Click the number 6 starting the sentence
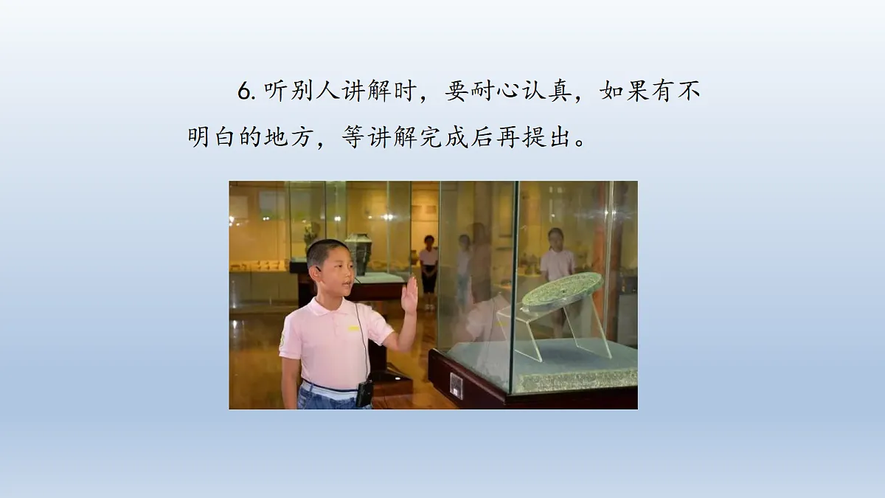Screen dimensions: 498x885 pyautogui.click(x=245, y=92)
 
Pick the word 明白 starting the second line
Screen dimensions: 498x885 pyautogui.click(x=213, y=137)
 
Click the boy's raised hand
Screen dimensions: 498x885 pyautogui.click(x=409, y=294)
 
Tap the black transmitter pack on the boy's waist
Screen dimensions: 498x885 pyautogui.click(x=364, y=393)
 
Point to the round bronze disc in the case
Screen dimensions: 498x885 pyautogui.click(x=562, y=289)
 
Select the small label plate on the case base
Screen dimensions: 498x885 pyautogui.click(x=457, y=386)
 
